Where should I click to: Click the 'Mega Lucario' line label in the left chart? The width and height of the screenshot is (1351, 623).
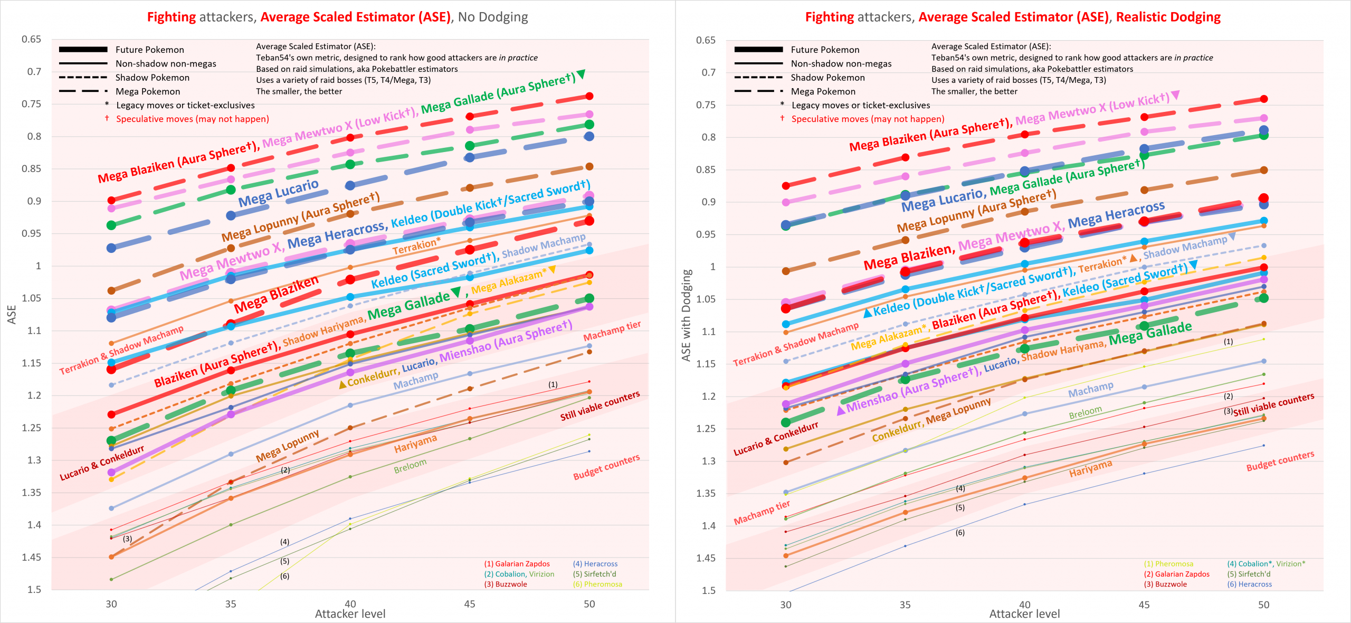[x=278, y=193]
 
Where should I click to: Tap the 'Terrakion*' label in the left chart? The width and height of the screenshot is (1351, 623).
[x=416, y=246]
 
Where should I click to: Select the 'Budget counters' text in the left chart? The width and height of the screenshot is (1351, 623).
[x=606, y=467]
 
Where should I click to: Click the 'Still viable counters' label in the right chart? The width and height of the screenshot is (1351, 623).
[x=1273, y=404]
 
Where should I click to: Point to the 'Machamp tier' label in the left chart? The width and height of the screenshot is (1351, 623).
[x=612, y=331]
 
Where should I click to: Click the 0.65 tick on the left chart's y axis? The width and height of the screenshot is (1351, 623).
[x=31, y=40]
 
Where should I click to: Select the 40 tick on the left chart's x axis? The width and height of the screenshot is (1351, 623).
[x=350, y=603]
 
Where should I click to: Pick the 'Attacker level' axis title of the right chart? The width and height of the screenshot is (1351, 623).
[x=1024, y=614]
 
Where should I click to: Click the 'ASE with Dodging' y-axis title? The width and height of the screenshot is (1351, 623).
[x=686, y=315]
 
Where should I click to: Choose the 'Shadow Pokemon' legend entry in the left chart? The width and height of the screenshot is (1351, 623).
[x=152, y=78]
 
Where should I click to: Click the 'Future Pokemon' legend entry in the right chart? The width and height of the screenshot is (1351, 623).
[x=825, y=50]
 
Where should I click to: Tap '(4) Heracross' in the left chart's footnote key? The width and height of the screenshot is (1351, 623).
[x=595, y=564]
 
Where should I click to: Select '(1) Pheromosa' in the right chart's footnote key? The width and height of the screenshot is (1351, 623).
[x=1168, y=564]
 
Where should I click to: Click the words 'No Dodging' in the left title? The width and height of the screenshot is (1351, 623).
[x=493, y=17]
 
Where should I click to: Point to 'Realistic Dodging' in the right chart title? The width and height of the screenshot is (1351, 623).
[x=1168, y=17]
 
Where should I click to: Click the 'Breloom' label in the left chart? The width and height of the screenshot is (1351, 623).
[x=410, y=466]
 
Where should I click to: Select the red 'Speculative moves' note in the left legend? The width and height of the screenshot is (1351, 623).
[x=192, y=119]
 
